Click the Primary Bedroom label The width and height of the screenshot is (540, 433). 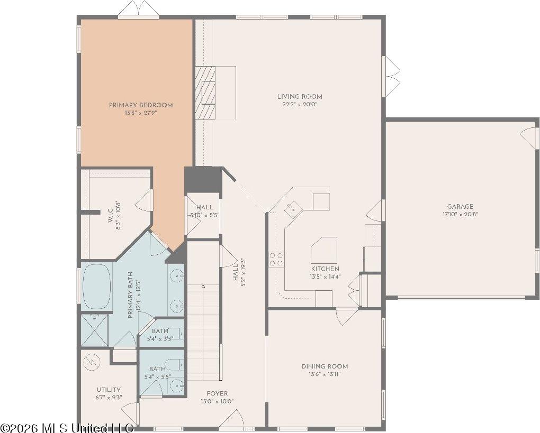[x=141, y=105]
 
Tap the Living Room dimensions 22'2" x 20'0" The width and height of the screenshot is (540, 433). [x=300, y=104]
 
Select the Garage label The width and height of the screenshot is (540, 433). [x=460, y=207]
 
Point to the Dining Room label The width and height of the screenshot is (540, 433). [x=325, y=366]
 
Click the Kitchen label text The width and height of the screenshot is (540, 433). [x=326, y=269]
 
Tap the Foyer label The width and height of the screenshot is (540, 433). [x=217, y=394]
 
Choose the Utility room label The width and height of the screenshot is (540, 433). [x=109, y=390]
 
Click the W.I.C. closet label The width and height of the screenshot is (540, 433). [x=111, y=215]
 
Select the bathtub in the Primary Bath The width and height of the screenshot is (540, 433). [x=97, y=287]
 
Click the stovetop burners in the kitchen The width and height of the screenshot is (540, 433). [x=276, y=259]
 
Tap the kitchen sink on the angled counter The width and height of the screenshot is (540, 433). [x=293, y=208]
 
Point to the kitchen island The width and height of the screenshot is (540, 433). [x=325, y=250]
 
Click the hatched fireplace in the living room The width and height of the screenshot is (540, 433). [x=205, y=93]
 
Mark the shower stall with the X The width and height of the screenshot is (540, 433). [x=94, y=330]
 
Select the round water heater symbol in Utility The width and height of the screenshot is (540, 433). [x=92, y=362]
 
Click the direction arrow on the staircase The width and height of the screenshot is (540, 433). [x=203, y=285]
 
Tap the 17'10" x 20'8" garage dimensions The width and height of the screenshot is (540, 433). [x=460, y=214]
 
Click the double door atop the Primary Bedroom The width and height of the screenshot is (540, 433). [x=139, y=9]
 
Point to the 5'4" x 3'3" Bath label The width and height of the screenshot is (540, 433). [x=160, y=334]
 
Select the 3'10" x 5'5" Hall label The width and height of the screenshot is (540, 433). [x=204, y=211]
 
